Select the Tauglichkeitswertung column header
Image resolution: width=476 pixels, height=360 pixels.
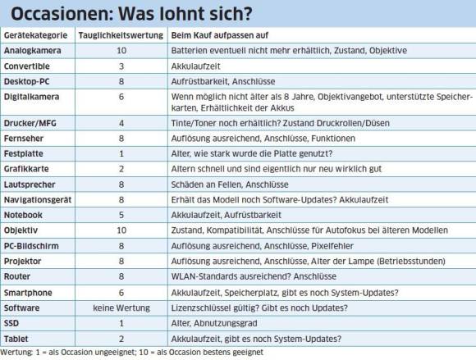point(121,35)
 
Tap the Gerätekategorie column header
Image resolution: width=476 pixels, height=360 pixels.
point(35,35)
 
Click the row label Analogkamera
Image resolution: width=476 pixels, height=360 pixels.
point(33,51)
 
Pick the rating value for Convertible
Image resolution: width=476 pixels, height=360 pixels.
point(121,66)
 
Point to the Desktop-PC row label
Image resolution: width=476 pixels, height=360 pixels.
point(27,81)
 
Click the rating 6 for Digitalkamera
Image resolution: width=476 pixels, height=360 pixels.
point(121,97)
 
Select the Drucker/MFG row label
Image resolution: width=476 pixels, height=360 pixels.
point(30,124)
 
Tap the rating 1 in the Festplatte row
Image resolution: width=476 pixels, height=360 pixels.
point(121,154)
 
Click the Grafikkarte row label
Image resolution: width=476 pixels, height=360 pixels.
point(26,169)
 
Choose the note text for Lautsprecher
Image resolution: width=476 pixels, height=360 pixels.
point(230,185)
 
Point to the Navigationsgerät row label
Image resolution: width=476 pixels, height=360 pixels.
point(38,200)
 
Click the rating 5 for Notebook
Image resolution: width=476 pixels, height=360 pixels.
point(121,215)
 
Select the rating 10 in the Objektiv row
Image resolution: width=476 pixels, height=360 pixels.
point(121,230)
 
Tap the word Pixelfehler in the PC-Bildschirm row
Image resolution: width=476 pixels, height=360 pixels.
point(332,246)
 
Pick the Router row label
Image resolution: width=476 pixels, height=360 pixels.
point(17,276)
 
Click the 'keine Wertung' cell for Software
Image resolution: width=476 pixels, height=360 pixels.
point(121,308)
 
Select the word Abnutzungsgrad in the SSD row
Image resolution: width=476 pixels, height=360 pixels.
point(226,323)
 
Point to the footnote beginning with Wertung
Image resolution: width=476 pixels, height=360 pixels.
point(132,353)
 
